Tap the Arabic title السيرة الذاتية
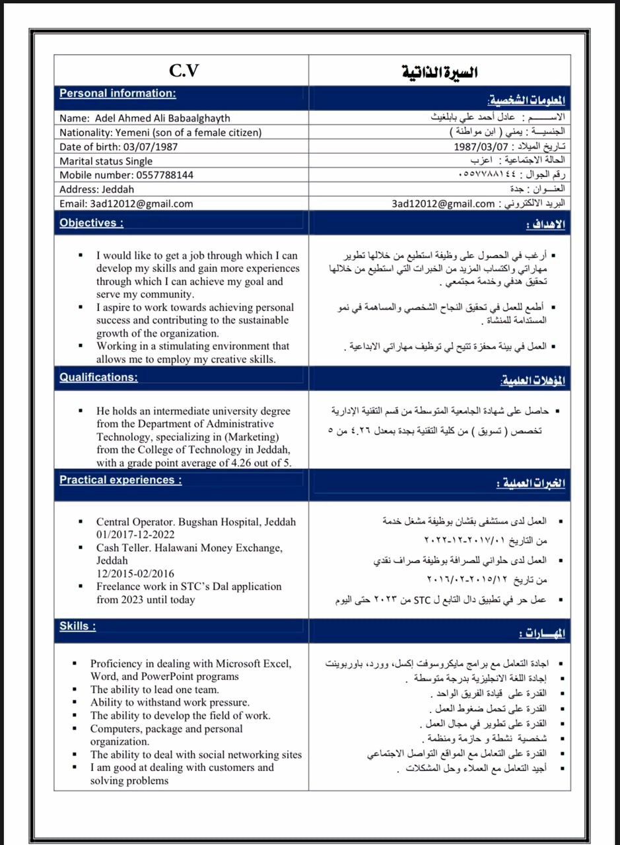click(440, 72)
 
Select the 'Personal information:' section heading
click(118, 93)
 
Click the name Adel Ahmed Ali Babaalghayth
click(162, 118)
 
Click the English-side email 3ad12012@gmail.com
click(142, 203)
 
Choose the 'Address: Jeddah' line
click(96, 189)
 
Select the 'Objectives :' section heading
click(91, 222)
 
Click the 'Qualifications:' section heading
click(98, 377)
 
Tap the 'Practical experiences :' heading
click(120, 480)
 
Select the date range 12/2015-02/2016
click(135, 574)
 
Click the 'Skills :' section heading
click(77, 626)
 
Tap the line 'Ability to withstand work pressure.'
click(170, 702)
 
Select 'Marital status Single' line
click(106, 161)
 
